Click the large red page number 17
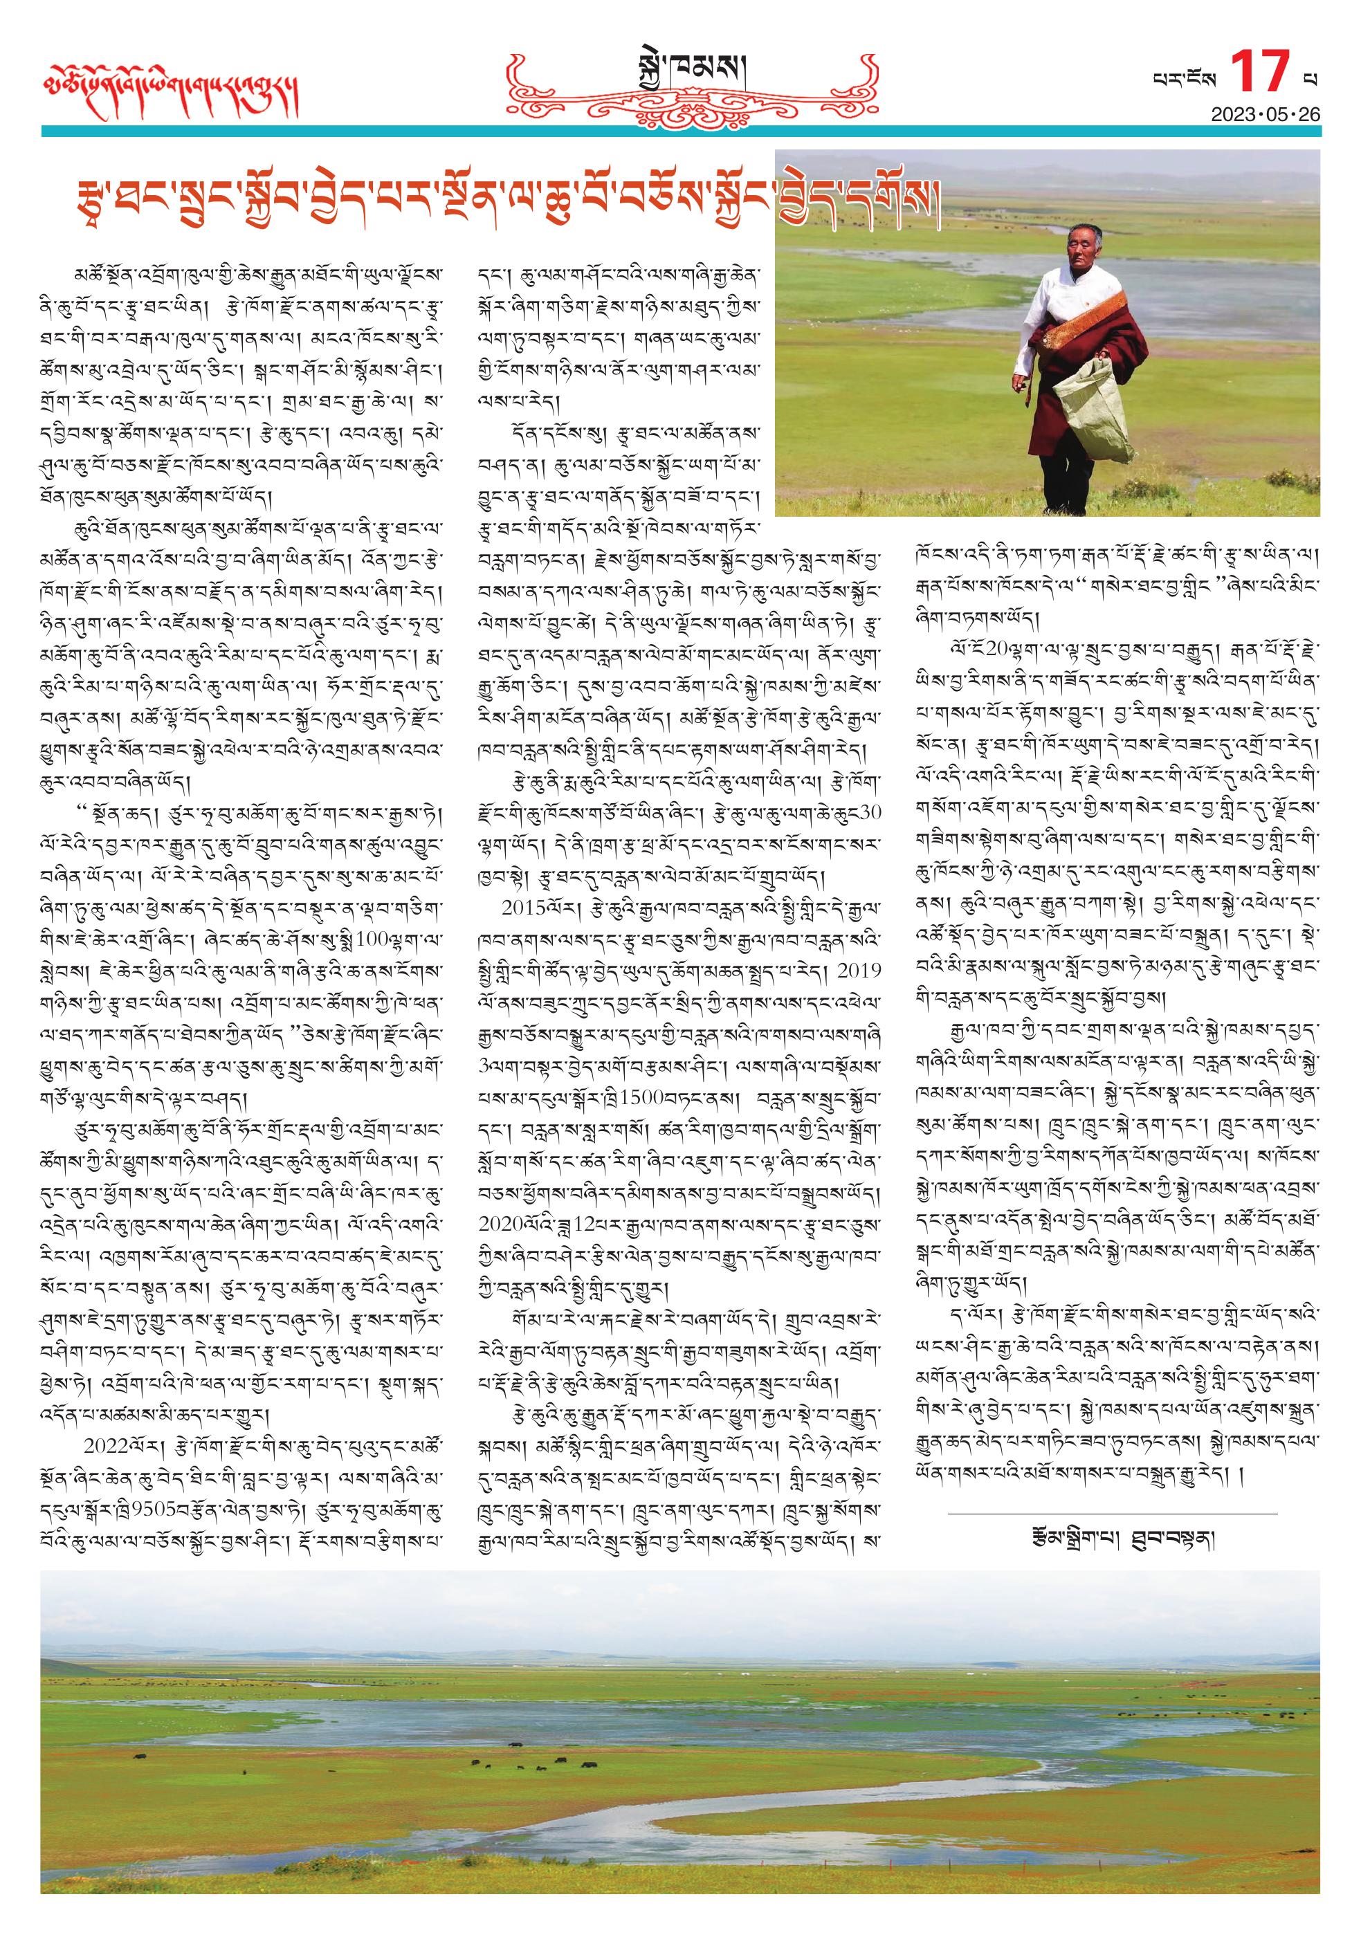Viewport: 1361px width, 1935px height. (1260, 73)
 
